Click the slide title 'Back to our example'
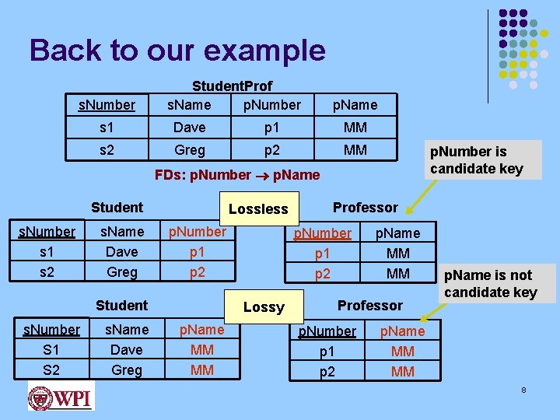[177, 51]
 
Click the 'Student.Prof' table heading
[232, 86]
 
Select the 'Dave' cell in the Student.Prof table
[189, 127]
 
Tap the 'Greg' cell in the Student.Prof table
[190, 149]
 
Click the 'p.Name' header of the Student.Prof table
[355, 104]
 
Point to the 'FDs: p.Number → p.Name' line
[237, 175]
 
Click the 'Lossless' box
[258, 208]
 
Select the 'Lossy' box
[264, 306]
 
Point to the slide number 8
[523, 389]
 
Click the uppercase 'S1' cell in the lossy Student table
[51, 349]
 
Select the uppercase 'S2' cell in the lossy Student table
[51, 369]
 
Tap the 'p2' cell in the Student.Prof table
[271, 149]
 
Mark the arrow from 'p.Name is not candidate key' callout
[432, 310]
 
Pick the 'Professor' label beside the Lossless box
[365, 207]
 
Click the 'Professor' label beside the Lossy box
[370, 305]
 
